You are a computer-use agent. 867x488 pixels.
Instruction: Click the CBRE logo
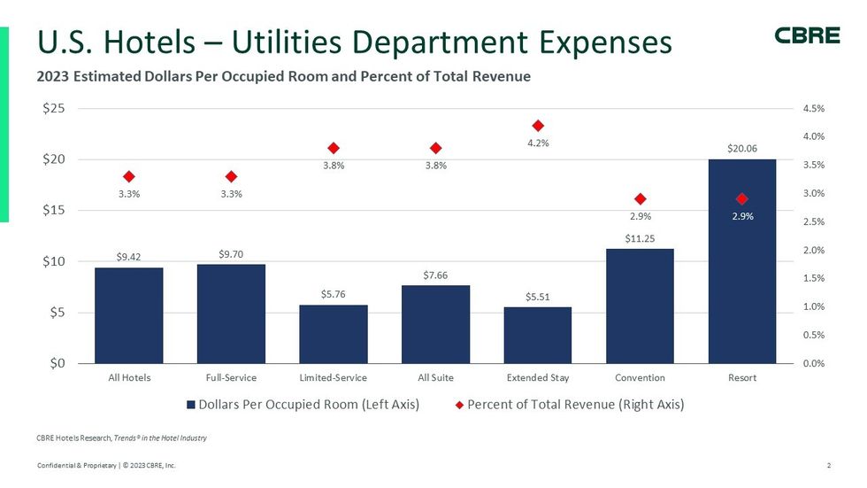807,35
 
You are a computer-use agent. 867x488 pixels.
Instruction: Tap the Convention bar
640,306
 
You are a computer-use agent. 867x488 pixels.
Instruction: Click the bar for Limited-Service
334,334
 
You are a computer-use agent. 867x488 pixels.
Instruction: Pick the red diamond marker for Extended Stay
538,126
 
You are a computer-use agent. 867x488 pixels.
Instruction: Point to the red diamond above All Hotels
129,177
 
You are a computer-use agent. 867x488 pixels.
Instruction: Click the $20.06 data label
741,148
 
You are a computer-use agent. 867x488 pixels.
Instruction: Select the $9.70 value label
231,254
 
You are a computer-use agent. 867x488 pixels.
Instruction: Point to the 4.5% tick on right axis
813,109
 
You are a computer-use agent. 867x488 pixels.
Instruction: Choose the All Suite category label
435,378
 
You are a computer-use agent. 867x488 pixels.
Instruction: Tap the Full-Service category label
231,378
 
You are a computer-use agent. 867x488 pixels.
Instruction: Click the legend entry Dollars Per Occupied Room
303,405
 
